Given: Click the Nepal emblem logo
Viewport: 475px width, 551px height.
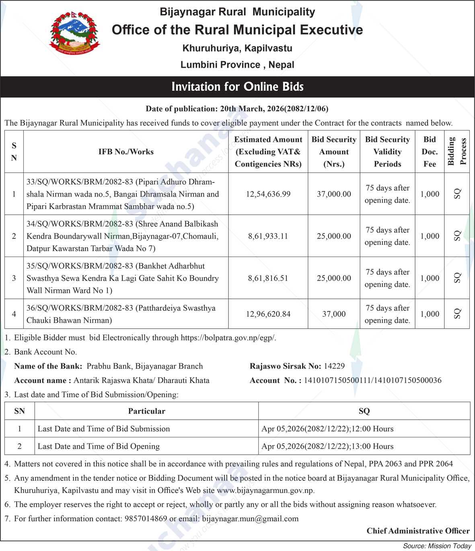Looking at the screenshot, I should [74, 33].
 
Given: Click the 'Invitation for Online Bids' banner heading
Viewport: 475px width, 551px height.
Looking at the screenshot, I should [237, 87].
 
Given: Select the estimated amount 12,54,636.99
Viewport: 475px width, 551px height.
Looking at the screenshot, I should [268, 194].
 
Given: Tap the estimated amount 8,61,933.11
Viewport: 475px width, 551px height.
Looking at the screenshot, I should [268, 236].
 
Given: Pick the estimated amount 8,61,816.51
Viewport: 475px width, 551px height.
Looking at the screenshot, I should [268, 278].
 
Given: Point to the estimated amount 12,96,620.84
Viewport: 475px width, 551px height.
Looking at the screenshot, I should [268, 314].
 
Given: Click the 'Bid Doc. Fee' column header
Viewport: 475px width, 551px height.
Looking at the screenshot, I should [430, 151].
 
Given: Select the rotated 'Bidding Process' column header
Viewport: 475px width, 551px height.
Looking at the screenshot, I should [457, 151].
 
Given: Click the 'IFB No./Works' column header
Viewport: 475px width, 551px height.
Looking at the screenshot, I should [126, 151].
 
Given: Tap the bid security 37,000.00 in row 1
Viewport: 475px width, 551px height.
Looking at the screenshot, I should [334, 194].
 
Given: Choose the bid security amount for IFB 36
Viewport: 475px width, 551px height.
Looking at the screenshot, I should [334, 314].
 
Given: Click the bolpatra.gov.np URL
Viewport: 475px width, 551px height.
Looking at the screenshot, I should [228, 338].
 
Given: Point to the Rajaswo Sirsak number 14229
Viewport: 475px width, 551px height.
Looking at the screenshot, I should [334, 366].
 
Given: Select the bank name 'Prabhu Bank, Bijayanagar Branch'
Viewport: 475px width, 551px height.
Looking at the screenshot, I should [145, 366].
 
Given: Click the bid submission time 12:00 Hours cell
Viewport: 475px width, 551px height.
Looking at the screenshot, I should [327, 429].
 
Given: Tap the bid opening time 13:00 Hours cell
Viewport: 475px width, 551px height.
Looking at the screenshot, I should [327, 446].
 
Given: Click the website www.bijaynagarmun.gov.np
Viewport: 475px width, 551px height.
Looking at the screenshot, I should [265, 491].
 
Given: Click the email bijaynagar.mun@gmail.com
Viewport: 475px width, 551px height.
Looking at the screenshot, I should [250, 518].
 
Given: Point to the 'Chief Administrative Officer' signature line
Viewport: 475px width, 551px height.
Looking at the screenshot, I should [418, 531].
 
